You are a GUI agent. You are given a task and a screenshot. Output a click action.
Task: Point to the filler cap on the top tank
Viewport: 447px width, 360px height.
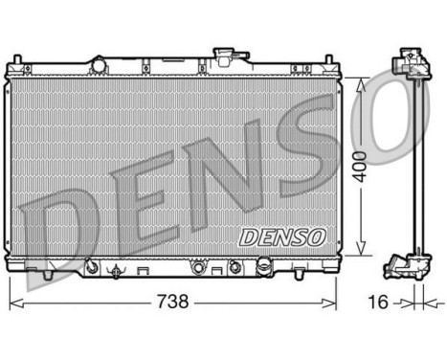point(227,49)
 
